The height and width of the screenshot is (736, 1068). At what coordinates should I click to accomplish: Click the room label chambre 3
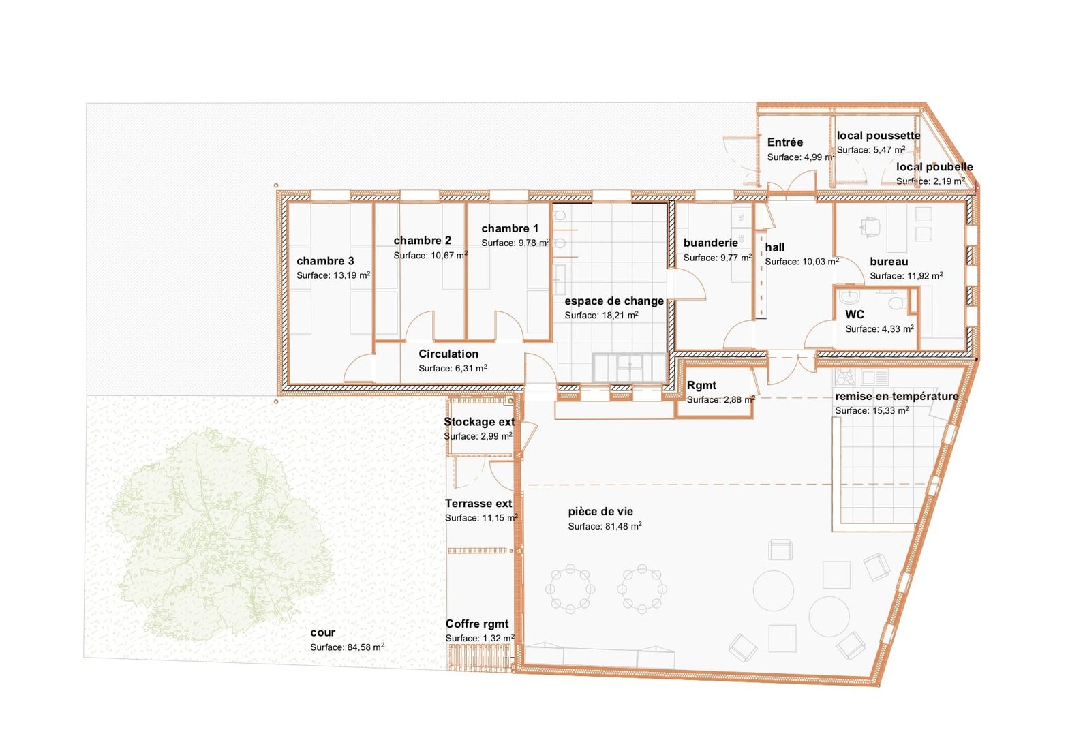(x=325, y=261)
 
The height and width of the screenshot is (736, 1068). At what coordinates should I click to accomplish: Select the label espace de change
(x=614, y=301)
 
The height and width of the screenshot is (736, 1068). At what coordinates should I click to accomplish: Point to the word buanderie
(x=710, y=243)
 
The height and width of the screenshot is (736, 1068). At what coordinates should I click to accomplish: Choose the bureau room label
(x=889, y=261)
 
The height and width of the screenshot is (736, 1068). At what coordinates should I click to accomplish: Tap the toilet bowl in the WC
(x=898, y=302)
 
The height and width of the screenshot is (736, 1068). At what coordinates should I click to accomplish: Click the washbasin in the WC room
(x=849, y=297)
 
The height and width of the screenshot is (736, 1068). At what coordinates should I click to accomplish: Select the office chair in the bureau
(x=870, y=226)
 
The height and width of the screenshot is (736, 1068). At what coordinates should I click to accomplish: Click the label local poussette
(x=879, y=136)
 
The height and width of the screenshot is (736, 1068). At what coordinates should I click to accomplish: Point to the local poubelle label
(x=934, y=167)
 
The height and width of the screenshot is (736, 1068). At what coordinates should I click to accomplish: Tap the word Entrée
(x=784, y=142)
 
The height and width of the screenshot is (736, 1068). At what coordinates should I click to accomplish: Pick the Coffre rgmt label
(x=477, y=624)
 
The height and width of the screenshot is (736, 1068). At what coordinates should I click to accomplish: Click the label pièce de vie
(x=600, y=512)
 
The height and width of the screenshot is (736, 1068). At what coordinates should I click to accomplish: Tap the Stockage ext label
(x=479, y=422)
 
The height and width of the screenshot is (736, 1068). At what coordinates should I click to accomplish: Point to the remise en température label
(x=897, y=396)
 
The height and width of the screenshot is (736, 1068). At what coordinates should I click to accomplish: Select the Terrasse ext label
(x=478, y=504)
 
